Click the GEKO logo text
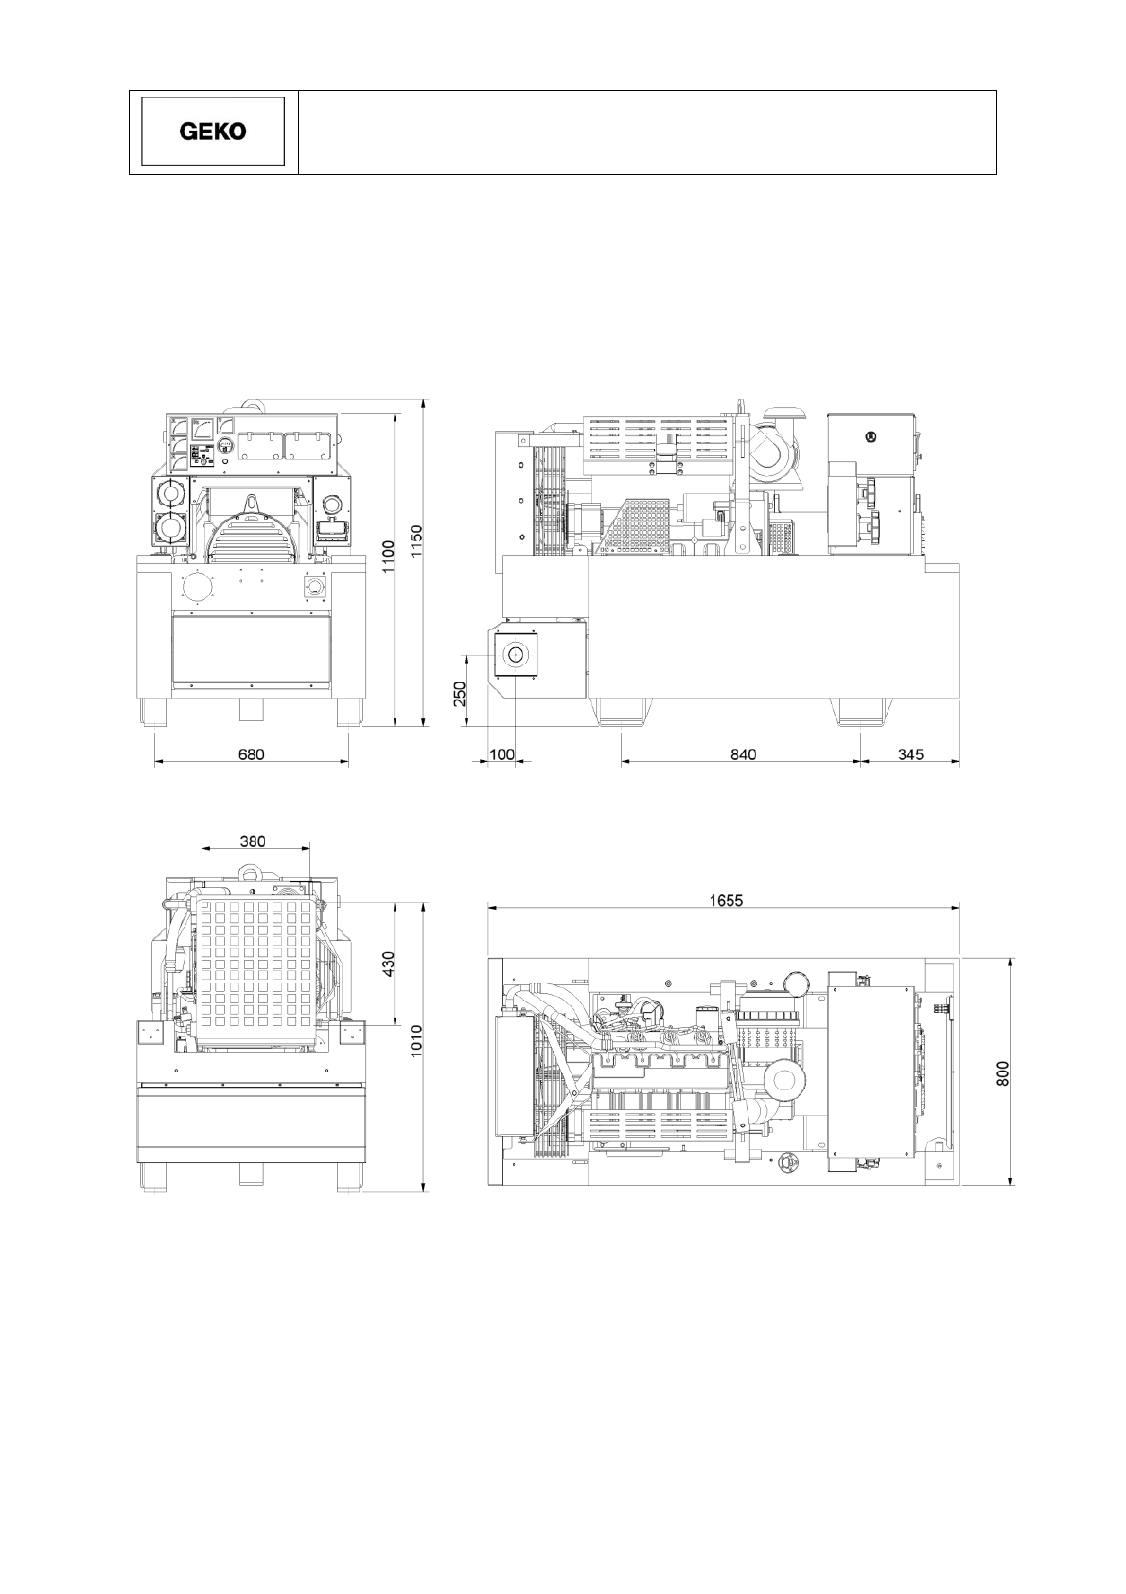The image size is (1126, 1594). point(213,132)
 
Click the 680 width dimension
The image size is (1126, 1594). point(251,754)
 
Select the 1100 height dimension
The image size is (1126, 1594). point(388,558)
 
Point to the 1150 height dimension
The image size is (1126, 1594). point(417,542)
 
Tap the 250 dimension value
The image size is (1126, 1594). point(460,694)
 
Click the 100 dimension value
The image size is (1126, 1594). point(502,754)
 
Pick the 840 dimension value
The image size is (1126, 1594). point(744,754)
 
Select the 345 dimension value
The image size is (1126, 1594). point(910,754)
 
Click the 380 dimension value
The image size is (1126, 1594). point(253,841)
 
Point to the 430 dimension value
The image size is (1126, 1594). point(388,964)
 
